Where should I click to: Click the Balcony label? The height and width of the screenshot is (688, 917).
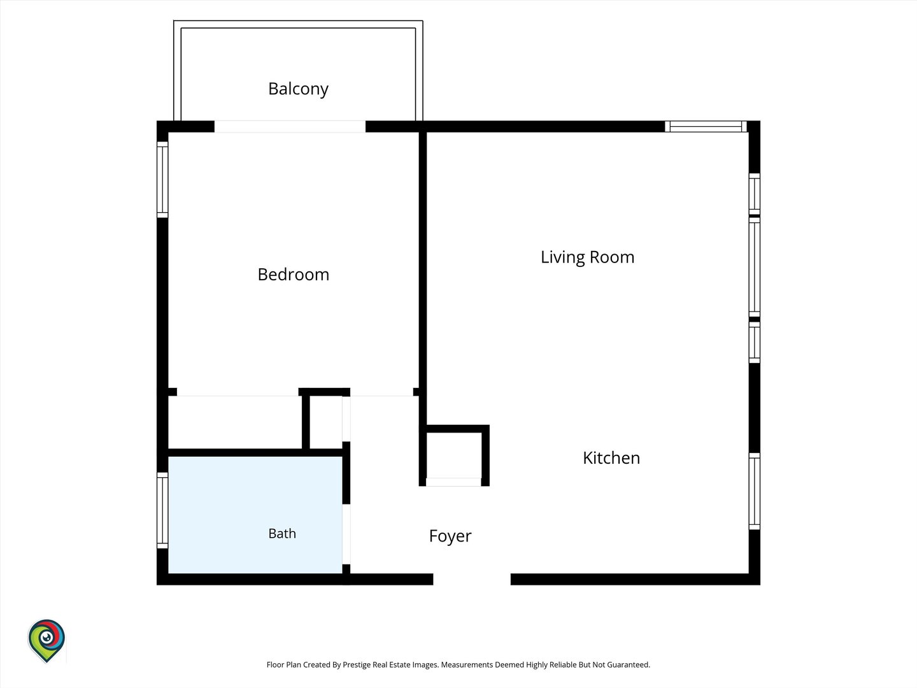(x=298, y=89)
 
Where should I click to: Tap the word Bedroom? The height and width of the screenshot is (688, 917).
(x=294, y=275)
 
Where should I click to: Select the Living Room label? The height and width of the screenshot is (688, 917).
(x=587, y=257)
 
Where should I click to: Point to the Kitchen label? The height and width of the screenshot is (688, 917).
(x=611, y=458)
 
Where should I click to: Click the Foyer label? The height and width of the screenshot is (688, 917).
(x=450, y=536)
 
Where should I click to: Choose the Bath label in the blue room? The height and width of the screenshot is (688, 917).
(x=282, y=533)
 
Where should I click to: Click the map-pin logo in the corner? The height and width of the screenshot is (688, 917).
(x=46, y=641)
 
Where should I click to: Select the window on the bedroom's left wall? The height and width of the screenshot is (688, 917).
(x=162, y=180)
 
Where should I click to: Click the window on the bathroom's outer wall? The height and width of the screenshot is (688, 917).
(x=162, y=510)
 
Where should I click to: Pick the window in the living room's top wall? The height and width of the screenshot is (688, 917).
(x=706, y=126)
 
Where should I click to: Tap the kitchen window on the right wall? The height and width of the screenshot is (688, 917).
(x=754, y=491)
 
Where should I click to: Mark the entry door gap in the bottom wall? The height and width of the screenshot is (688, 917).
(x=472, y=579)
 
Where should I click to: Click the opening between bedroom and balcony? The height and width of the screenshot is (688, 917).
(x=290, y=127)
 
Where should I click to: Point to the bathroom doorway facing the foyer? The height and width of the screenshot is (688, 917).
(x=346, y=534)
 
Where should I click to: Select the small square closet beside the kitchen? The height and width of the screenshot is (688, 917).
(x=453, y=455)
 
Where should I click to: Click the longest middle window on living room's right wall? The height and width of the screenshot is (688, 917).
(x=754, y=267)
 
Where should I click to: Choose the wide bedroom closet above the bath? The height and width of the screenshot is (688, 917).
(x=235, y=422)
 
